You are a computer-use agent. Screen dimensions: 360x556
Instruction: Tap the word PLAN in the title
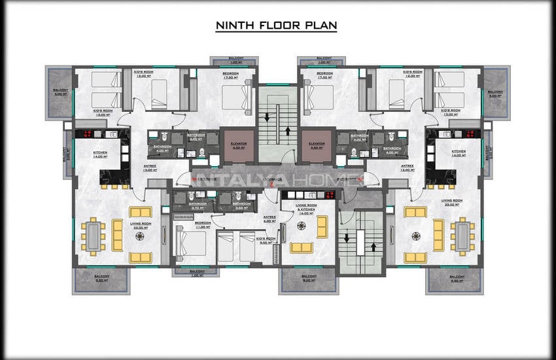point(321,26)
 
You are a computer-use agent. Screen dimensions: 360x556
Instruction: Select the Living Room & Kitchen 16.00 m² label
point(307,209)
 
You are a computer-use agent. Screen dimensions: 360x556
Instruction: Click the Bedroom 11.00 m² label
point(203,224)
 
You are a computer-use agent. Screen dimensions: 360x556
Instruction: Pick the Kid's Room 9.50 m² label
point(266,240)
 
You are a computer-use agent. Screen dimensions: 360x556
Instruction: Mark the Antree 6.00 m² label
point(269,219)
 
